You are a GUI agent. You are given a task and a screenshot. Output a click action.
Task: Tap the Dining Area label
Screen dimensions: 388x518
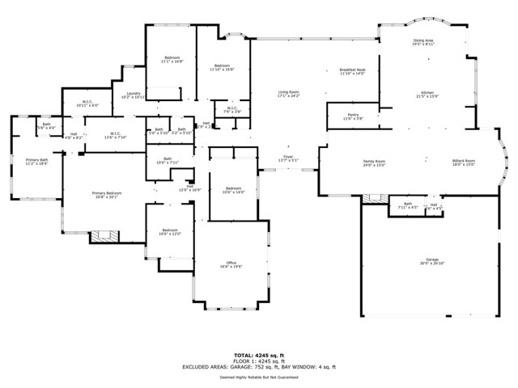point(423,41)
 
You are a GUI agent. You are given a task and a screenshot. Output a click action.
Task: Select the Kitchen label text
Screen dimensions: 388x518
point(427,94)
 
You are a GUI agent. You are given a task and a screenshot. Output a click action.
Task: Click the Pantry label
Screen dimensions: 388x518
point(353,116)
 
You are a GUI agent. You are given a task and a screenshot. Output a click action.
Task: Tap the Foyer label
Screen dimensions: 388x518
point(287,158)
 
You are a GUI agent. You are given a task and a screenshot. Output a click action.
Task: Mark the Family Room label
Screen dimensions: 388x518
point(373,163)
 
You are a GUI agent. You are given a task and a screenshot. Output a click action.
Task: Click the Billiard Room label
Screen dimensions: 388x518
point(464,162)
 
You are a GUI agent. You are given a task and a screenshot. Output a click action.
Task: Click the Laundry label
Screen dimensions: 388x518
point(134,95)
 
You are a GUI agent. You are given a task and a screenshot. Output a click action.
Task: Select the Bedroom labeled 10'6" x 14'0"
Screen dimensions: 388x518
point(232,191)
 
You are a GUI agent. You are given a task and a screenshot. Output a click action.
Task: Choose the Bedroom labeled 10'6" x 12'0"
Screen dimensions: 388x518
point(169,232)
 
